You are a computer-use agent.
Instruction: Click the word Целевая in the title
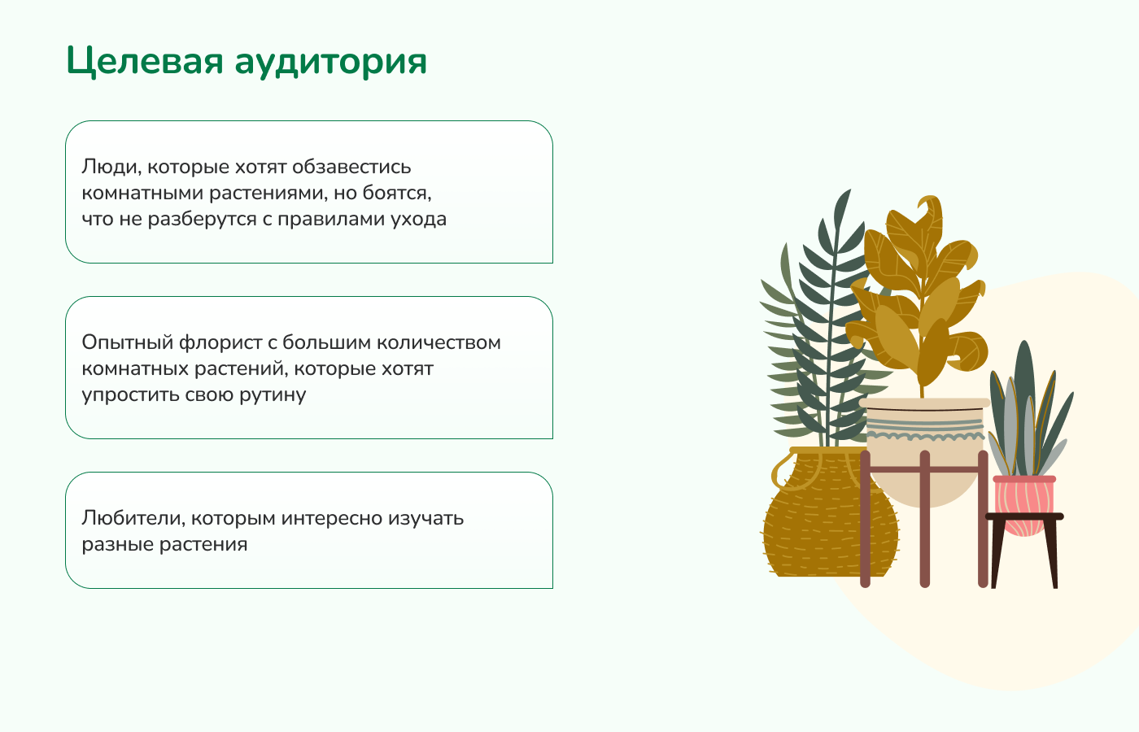click(145, 62)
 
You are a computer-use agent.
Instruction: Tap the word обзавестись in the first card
click(351, 167)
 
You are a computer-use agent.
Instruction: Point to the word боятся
click(397, 194)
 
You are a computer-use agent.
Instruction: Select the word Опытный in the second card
click(128, 342)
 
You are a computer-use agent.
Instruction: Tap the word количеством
click(439, 342)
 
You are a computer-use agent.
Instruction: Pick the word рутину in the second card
click(273, 395)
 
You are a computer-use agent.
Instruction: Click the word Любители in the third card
click(133, 518)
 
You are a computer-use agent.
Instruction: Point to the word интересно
click(332, 518)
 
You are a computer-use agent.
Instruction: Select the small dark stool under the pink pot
click(1024, 550)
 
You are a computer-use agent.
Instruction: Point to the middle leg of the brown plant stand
click(925, 519)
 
